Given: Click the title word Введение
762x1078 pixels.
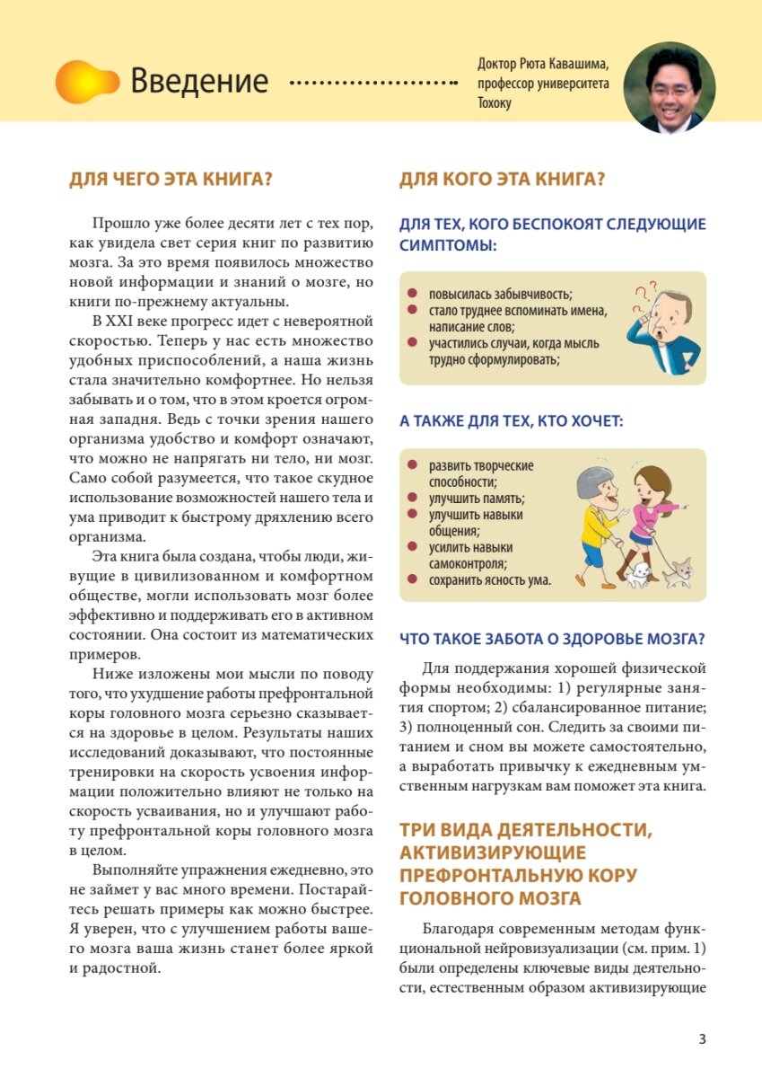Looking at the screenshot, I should [x=199, y=82].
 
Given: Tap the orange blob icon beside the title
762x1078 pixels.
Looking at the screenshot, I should [x=86, y=82].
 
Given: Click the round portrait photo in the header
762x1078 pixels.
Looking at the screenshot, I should [x=669, y=88].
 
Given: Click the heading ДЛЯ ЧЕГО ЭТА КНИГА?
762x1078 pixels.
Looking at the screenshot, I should [x=171, y=179].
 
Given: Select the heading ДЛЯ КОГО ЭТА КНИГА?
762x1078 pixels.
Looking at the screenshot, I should [x=502, y=179].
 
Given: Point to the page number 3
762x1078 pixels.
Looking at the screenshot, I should [x=702, y=1039].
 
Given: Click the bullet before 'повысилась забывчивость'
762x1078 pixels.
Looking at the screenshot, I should [x=411, y=294].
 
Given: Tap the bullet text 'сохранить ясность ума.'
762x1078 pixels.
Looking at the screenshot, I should [x=489, y=580].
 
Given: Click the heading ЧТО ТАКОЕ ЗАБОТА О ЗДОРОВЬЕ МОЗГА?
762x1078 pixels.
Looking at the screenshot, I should [x=552, y=639].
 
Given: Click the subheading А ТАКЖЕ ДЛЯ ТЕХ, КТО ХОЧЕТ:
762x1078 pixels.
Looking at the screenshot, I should [x=512, y=420].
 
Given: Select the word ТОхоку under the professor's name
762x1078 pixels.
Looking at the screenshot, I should [x=495, y=102].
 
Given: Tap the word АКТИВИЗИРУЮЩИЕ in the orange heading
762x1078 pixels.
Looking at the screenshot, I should [x=493, y=852].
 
